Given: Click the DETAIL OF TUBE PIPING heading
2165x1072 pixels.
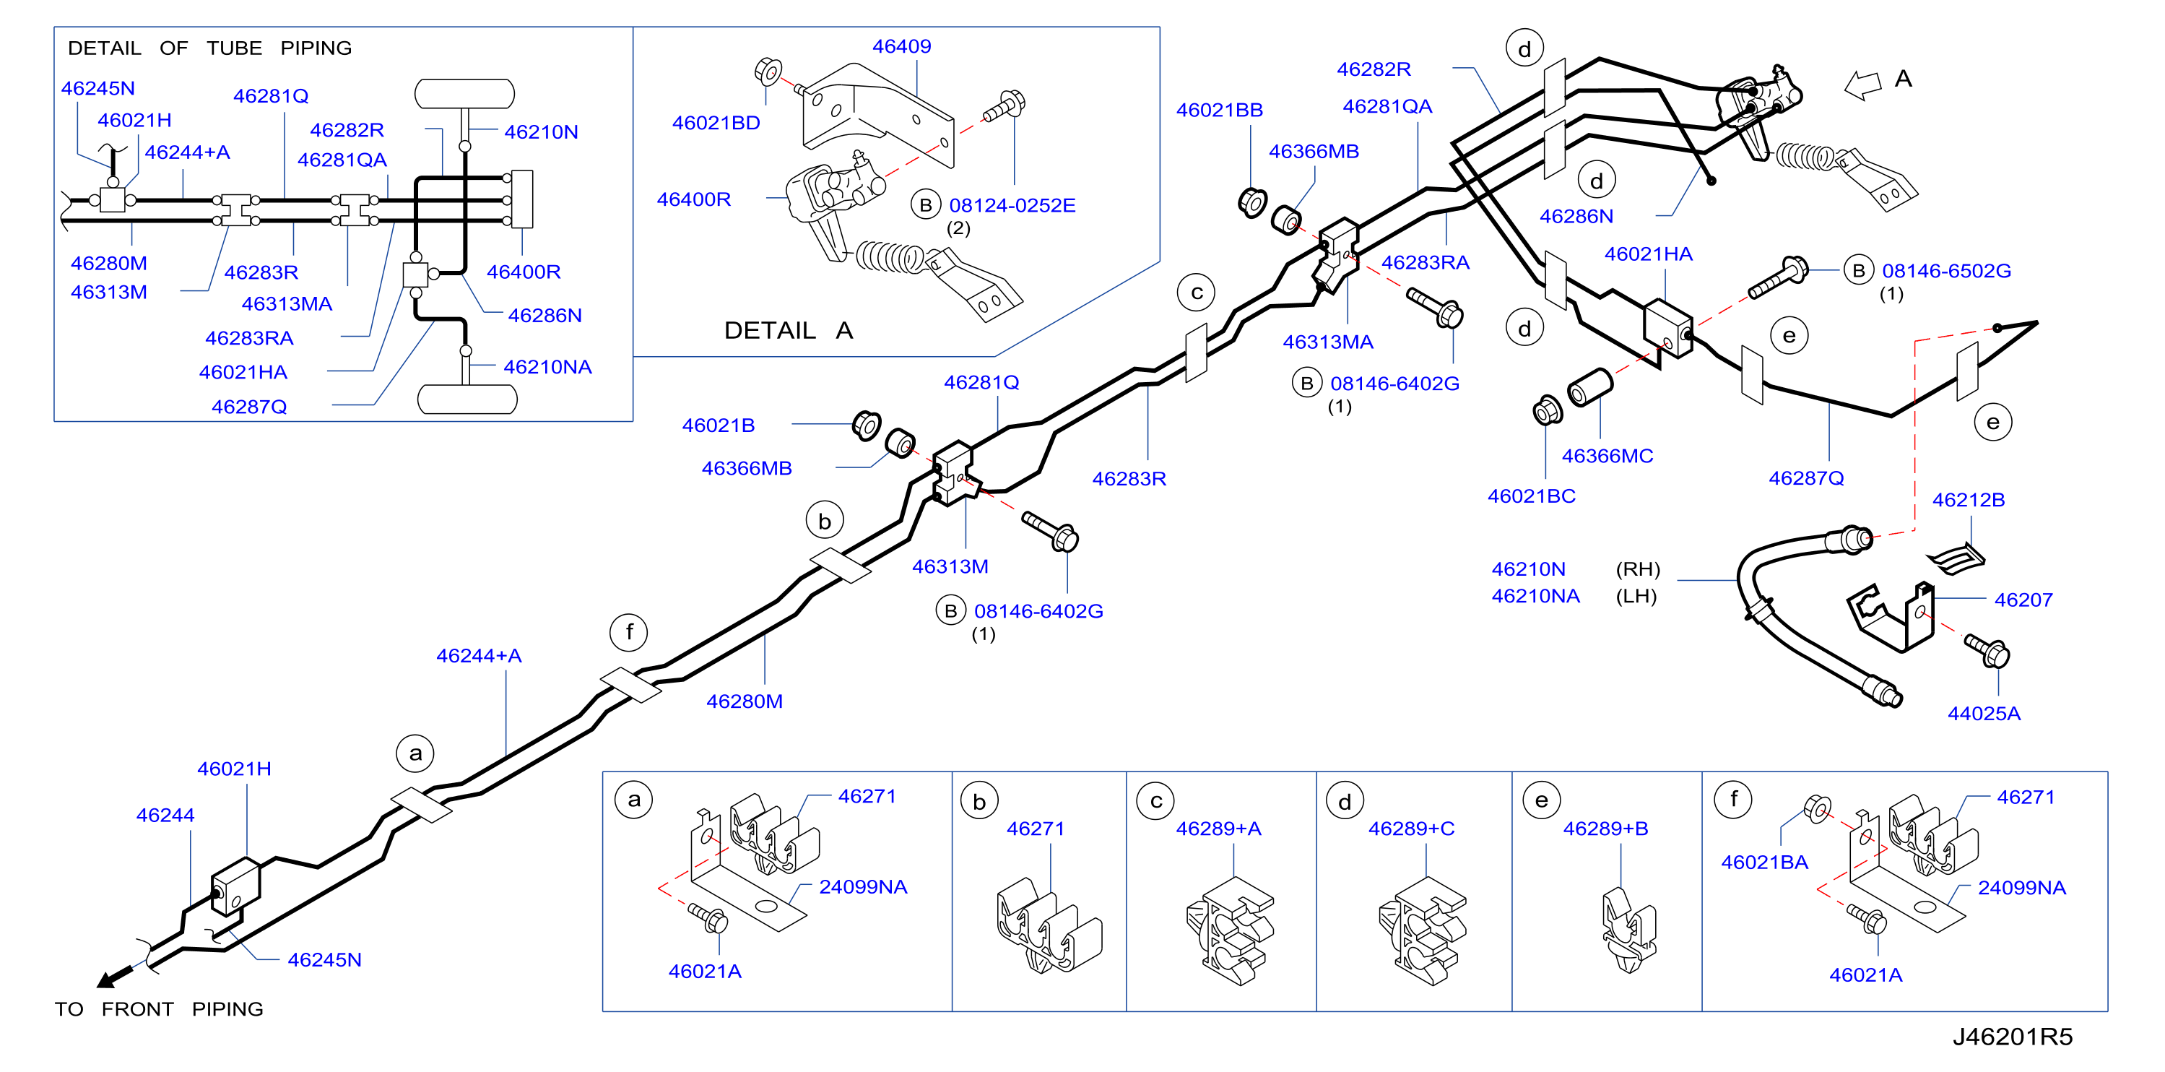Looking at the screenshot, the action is [x=209, y=48].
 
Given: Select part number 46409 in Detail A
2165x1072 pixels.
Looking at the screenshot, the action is [x=901, y=46].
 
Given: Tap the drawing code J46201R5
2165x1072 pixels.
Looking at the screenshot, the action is [x=2012, y=1037].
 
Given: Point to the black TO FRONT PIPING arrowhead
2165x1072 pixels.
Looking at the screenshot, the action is [x=107, y=980].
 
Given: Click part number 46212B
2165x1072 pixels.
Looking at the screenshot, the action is [x=1969, y=501].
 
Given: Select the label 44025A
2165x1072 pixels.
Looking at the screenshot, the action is [x=1984, y=714].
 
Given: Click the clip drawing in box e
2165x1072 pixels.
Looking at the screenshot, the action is [x=1628, y=930].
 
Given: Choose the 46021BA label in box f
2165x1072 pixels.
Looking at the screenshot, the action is [x=1764, y=863].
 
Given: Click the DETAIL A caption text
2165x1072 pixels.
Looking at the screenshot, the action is [x=789, y=330].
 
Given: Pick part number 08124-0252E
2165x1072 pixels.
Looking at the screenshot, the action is [x=1012, y=206].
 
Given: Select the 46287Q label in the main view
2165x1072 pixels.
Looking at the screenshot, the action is [x=1806, y=478].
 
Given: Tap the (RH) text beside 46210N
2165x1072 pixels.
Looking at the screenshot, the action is [x=1638, y=569].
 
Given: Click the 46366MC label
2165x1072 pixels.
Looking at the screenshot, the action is [x=1607, y=457].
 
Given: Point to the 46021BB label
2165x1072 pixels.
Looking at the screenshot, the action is [x=1219, y=110].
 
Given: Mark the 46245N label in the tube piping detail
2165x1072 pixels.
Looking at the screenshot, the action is [x=97, y=88].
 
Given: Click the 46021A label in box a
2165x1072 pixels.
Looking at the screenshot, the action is [x=704, y=972].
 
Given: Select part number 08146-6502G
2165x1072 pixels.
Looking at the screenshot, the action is [x=1945, y=272].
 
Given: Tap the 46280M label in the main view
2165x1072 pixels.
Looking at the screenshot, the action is [x=744, y=702].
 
